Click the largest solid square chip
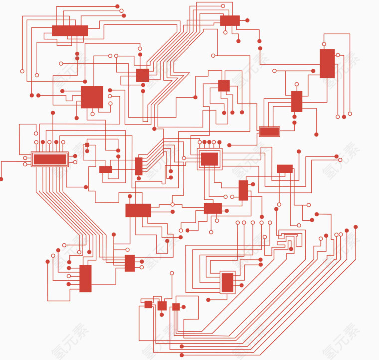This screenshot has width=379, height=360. tap(92, 97)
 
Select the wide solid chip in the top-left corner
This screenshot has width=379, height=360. tap(70, 31)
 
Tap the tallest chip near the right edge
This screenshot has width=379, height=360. tap(327, 63)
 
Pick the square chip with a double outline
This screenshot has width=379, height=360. tap(209, 159)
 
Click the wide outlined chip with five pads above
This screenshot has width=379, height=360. tap(49, 159)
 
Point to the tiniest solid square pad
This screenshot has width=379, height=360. tap(87, 145)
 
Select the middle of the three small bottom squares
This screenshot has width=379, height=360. tap(162, 305)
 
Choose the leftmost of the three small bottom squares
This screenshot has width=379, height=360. tap(148, 304)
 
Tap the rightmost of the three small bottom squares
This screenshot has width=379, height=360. tap(176, 307)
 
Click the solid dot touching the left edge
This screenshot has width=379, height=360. tap(1, 179)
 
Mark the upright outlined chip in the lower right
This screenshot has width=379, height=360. tap(227, 282)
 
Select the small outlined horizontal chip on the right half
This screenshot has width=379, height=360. tap(269, 131)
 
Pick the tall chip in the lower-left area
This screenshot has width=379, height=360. tap(85, 278)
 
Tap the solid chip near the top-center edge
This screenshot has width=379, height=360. tap(230, 20)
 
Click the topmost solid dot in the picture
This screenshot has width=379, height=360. tap(117, 6)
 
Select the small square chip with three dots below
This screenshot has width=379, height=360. tap(224, 86)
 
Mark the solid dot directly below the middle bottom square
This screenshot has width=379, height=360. tap(162, 314)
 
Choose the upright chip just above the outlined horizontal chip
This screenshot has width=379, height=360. tap(296, 101)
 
